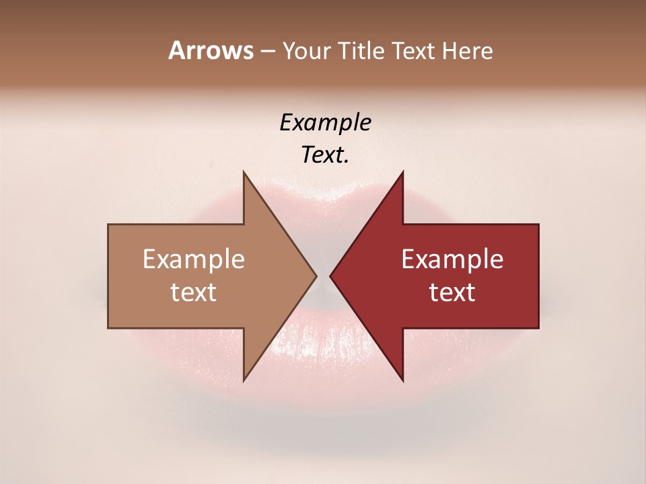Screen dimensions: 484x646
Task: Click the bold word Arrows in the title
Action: pos(211,50)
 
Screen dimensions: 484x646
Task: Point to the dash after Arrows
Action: pos(267,52)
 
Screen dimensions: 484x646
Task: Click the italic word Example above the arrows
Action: pos(325,123)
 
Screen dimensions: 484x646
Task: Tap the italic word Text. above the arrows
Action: pos(325,155)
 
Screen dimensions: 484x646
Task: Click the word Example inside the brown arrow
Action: pos(194,259)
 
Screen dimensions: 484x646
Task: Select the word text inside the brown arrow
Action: pos(194,292)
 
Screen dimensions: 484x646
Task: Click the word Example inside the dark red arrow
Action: pos(452,259)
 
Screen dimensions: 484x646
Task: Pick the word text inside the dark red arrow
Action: pos(452,292)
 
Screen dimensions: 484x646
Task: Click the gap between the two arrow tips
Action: pos(324,276)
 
